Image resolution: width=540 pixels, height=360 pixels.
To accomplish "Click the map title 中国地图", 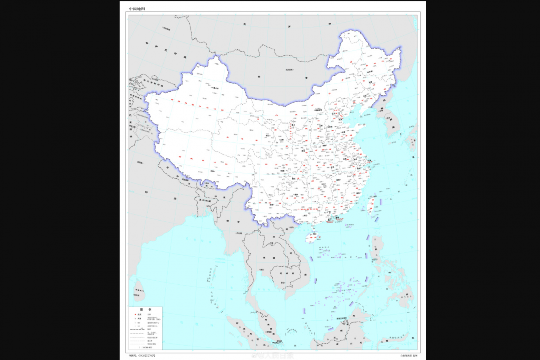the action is [x=137, y=9].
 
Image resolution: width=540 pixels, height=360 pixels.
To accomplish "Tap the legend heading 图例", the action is [x=145, y=310].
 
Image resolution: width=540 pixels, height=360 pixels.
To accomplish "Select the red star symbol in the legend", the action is [x=135, y=314].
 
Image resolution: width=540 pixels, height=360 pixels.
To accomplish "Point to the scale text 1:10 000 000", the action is [x=145, y=348].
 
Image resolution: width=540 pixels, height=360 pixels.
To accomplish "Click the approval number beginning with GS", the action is [x=142, y=356].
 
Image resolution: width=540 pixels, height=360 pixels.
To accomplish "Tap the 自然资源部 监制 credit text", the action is [x=409, y=356].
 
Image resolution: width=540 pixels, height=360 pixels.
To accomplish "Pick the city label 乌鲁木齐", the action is [x=215, y=88].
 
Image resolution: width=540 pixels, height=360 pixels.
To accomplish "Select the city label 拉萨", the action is [x=212, y=171].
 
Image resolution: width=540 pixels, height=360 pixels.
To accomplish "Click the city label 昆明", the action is [x=271, y=205].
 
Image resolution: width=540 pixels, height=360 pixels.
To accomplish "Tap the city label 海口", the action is [x=315, y=234].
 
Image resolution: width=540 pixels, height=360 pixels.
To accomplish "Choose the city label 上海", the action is [x=369, y=161].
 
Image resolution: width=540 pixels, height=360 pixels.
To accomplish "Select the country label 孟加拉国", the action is [x=205, y=201].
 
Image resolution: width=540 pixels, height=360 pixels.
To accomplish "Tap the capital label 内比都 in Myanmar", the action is [x=239, y=233].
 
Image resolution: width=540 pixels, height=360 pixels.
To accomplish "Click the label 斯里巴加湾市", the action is [x=341, y=318].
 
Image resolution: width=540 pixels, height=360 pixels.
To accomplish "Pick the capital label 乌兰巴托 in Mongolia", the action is [x=289, y=70].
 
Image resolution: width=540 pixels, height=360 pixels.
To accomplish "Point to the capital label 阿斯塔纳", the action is [x=166, y=28].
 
